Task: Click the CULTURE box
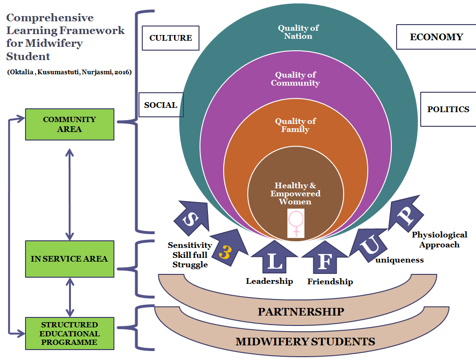171,38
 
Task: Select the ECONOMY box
436,37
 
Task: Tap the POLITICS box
448,109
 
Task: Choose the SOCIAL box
161,105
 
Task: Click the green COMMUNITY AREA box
69,124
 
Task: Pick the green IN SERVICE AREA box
69,259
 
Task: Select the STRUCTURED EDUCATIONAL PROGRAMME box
69,334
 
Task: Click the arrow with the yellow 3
228,251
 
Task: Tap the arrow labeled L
274,259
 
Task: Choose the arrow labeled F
323,259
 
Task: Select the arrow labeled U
371,244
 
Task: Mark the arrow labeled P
405,216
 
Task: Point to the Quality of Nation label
298,32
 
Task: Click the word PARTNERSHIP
301,312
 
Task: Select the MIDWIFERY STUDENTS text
305,341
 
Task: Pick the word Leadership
269,281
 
